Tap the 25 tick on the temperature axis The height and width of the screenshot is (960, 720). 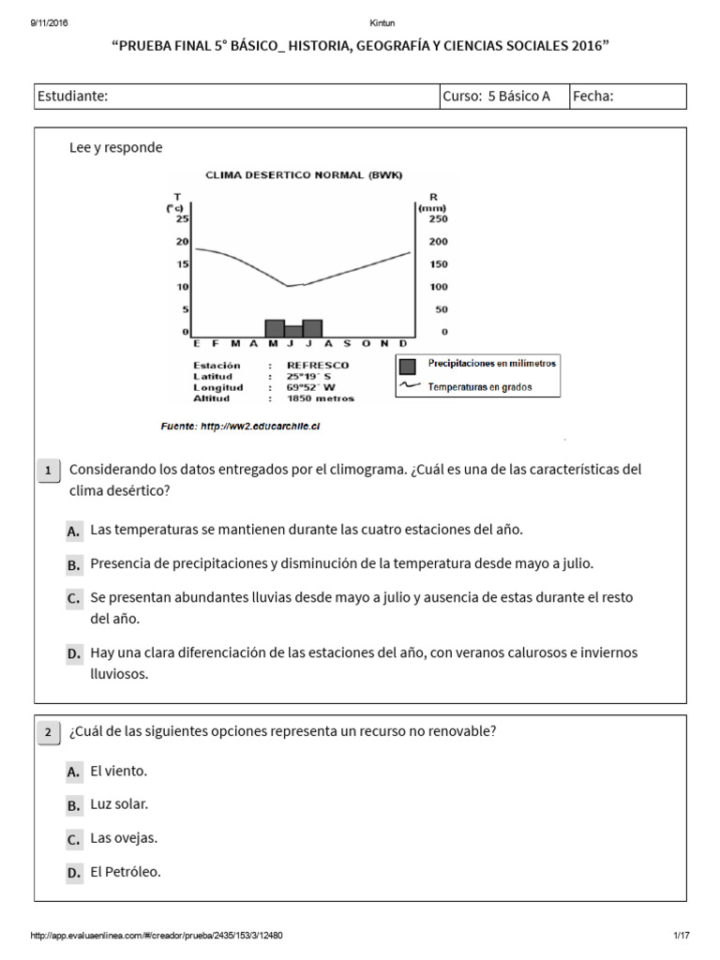[184, 218]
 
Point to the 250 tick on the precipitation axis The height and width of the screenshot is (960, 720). [439, 218]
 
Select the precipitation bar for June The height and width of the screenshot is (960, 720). [293, 331]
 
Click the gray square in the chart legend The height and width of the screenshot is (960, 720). [407, 367]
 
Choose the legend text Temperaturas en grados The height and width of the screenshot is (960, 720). [479, 386]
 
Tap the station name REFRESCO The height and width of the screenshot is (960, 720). [318, 365]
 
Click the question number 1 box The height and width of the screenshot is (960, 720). [47, 471]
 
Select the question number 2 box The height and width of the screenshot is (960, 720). [47, 733]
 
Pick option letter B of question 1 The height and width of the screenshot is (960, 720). [74, 565]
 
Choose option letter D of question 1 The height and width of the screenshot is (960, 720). [74, 654]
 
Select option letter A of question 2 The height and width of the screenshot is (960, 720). [74, 772]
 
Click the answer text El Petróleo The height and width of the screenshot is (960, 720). [126, 872]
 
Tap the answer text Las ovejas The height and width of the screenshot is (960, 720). [124, 838]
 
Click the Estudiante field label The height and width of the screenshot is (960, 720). [72, 96]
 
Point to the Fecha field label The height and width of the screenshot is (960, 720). [593, 96]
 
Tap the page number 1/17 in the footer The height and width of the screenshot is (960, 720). [681, 936]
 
